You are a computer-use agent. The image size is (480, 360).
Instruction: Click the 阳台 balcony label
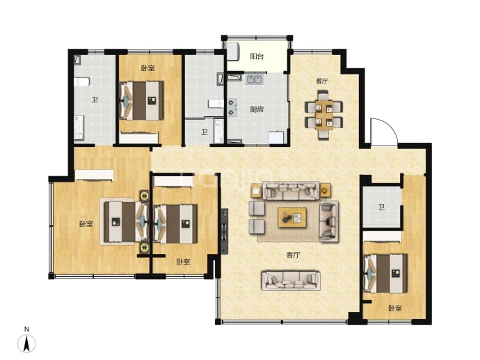[257, 56]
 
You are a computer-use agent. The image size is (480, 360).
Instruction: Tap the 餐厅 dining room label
[322, 81]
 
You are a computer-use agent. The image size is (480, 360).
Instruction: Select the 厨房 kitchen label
[257, 109]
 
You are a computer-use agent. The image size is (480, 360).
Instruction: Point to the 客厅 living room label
[293, 255]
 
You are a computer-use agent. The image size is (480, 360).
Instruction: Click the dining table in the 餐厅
[324, 115]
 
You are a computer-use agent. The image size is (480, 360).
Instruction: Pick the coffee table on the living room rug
[292, 217]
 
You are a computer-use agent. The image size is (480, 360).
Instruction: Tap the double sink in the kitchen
[255, 79]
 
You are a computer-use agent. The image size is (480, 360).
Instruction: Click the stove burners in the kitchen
[232, 108]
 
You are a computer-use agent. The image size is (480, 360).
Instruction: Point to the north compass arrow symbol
[27, 343]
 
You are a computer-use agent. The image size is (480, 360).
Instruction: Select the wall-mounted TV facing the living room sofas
[225, 232]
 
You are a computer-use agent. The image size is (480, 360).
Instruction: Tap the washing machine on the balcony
[233, 52]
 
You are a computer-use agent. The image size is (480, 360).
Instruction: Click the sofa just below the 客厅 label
[291, 281]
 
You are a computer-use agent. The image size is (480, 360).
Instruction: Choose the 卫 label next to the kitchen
[205, 132]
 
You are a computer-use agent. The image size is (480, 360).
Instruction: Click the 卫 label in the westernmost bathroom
[95, 100]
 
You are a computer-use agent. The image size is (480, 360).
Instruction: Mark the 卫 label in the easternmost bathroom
[381, 208]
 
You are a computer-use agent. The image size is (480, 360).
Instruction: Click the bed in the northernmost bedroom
[141, 100]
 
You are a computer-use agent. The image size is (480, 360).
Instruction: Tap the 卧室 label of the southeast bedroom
[395, 308]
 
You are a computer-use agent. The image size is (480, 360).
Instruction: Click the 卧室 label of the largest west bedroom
[86, 224]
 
